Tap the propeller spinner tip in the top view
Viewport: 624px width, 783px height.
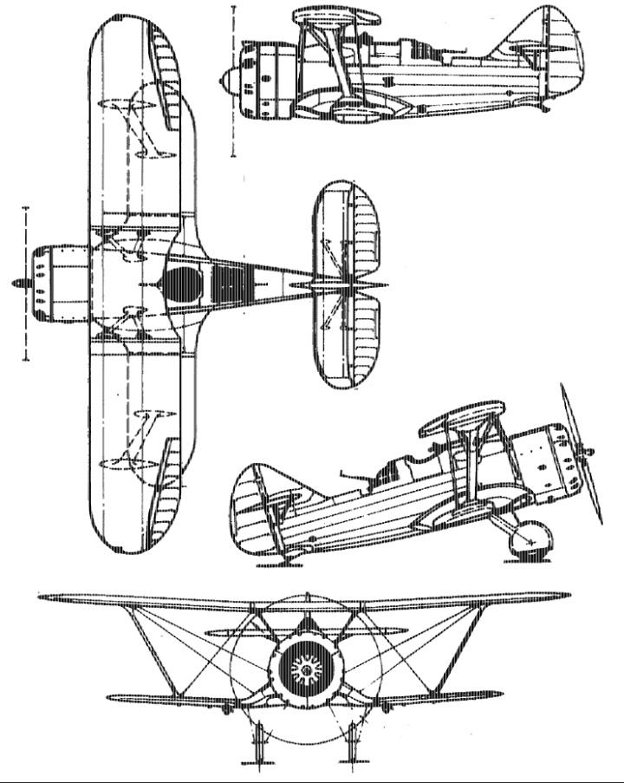[x=17, y=283]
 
